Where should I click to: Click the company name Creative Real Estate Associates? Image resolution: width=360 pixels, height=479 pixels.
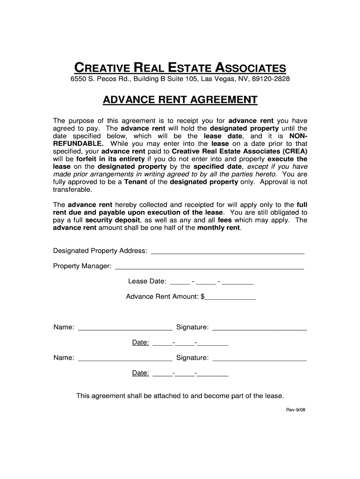[x=180, y=67]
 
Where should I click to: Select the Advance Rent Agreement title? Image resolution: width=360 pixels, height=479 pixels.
[x=180, y=100]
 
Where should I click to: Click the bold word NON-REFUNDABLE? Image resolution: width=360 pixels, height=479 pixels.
[x=78, y=144]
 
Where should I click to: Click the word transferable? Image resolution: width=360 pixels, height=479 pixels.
[x=73, y=189]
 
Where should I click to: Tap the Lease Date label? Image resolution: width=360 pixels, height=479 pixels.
[x=147, y=281]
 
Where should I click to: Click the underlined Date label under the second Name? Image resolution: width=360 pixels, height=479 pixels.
[x=140, y=373]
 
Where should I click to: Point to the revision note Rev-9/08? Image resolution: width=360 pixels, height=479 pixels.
[x=295, y=410]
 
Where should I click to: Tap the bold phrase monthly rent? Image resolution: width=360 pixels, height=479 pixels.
[x=219, y=228]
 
